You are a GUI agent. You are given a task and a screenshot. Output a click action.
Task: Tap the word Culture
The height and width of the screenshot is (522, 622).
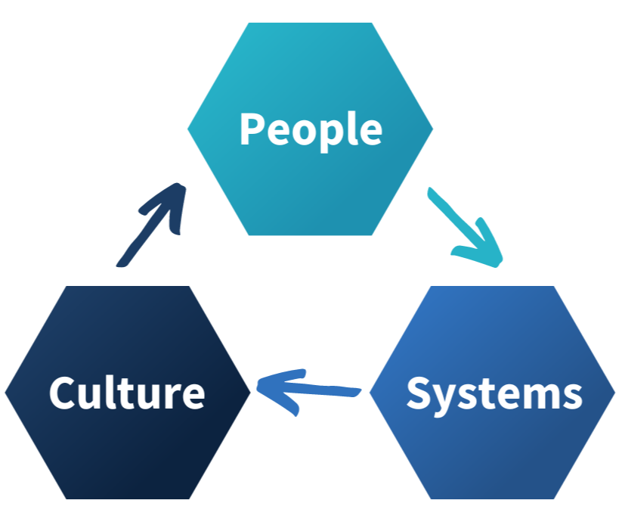coord(127,393)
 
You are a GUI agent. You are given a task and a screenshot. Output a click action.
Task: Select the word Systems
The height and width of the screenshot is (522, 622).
coord(494,393)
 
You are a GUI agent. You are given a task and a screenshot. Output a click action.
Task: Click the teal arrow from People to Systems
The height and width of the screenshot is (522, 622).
coord(463,227)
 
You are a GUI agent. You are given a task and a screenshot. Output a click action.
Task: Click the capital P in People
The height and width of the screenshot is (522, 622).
coord(252,129)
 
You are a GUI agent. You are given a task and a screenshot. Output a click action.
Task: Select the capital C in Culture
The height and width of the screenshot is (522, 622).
coord(63,393)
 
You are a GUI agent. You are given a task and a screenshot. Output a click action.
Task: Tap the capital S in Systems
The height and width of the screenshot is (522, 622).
coord(420,393)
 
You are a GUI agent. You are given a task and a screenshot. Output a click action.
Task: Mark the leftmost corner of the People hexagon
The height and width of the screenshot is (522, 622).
coord(188,129)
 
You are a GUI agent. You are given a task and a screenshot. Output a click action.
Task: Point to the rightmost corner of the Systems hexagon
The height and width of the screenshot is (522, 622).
coord(615,393)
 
